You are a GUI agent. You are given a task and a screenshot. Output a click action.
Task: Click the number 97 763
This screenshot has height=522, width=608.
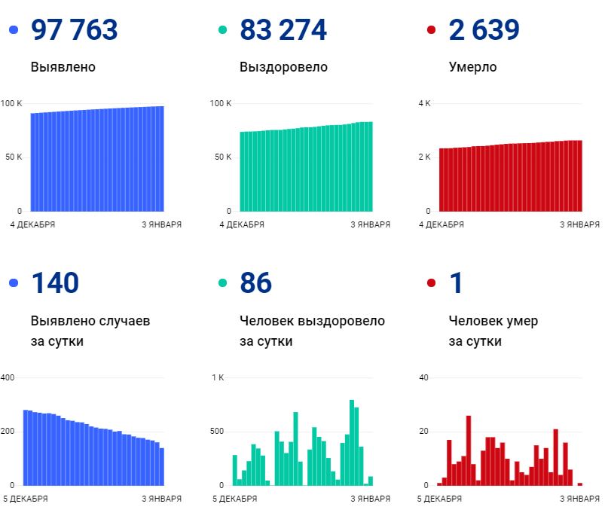(74, 30)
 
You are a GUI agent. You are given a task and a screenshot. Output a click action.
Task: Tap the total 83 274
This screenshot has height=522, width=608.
(283, 30)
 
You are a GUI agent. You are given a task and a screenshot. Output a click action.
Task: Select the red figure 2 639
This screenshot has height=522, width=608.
(484, 30)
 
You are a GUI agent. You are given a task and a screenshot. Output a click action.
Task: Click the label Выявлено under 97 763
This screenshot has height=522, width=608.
(63, 67)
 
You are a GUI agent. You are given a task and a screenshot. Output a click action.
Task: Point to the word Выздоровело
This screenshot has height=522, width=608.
(283, 67)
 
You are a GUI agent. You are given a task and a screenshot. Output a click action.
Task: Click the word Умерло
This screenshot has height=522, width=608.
(472, 67)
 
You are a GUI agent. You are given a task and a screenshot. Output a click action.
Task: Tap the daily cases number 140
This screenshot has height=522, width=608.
(55, 283)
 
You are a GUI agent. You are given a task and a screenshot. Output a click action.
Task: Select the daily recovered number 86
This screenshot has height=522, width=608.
(255, 283)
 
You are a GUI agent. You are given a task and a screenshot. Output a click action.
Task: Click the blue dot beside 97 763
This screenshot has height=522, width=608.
(13, 30)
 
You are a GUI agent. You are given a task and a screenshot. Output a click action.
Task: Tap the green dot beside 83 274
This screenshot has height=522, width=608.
(222, 30)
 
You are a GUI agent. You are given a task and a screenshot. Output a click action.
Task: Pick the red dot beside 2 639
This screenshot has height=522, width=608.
(431, 30)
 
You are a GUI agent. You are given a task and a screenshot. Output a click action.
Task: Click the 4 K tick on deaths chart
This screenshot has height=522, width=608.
(424, 102)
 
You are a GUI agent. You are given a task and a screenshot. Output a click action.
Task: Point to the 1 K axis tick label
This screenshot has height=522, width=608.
(218, 377)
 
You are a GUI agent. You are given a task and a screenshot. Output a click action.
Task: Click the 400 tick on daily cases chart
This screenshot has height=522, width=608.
(8, 377)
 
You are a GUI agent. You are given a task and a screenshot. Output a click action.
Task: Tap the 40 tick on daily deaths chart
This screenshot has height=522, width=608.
(423, 377)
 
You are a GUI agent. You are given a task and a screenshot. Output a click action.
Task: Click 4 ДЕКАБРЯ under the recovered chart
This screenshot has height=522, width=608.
(242, 224)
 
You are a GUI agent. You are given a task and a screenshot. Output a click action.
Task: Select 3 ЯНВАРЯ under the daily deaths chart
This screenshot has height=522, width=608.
(580, 499)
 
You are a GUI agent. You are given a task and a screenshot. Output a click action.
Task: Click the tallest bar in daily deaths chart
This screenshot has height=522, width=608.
(468, 450)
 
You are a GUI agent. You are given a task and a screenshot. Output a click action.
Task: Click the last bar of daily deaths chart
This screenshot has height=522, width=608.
(580, 484)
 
